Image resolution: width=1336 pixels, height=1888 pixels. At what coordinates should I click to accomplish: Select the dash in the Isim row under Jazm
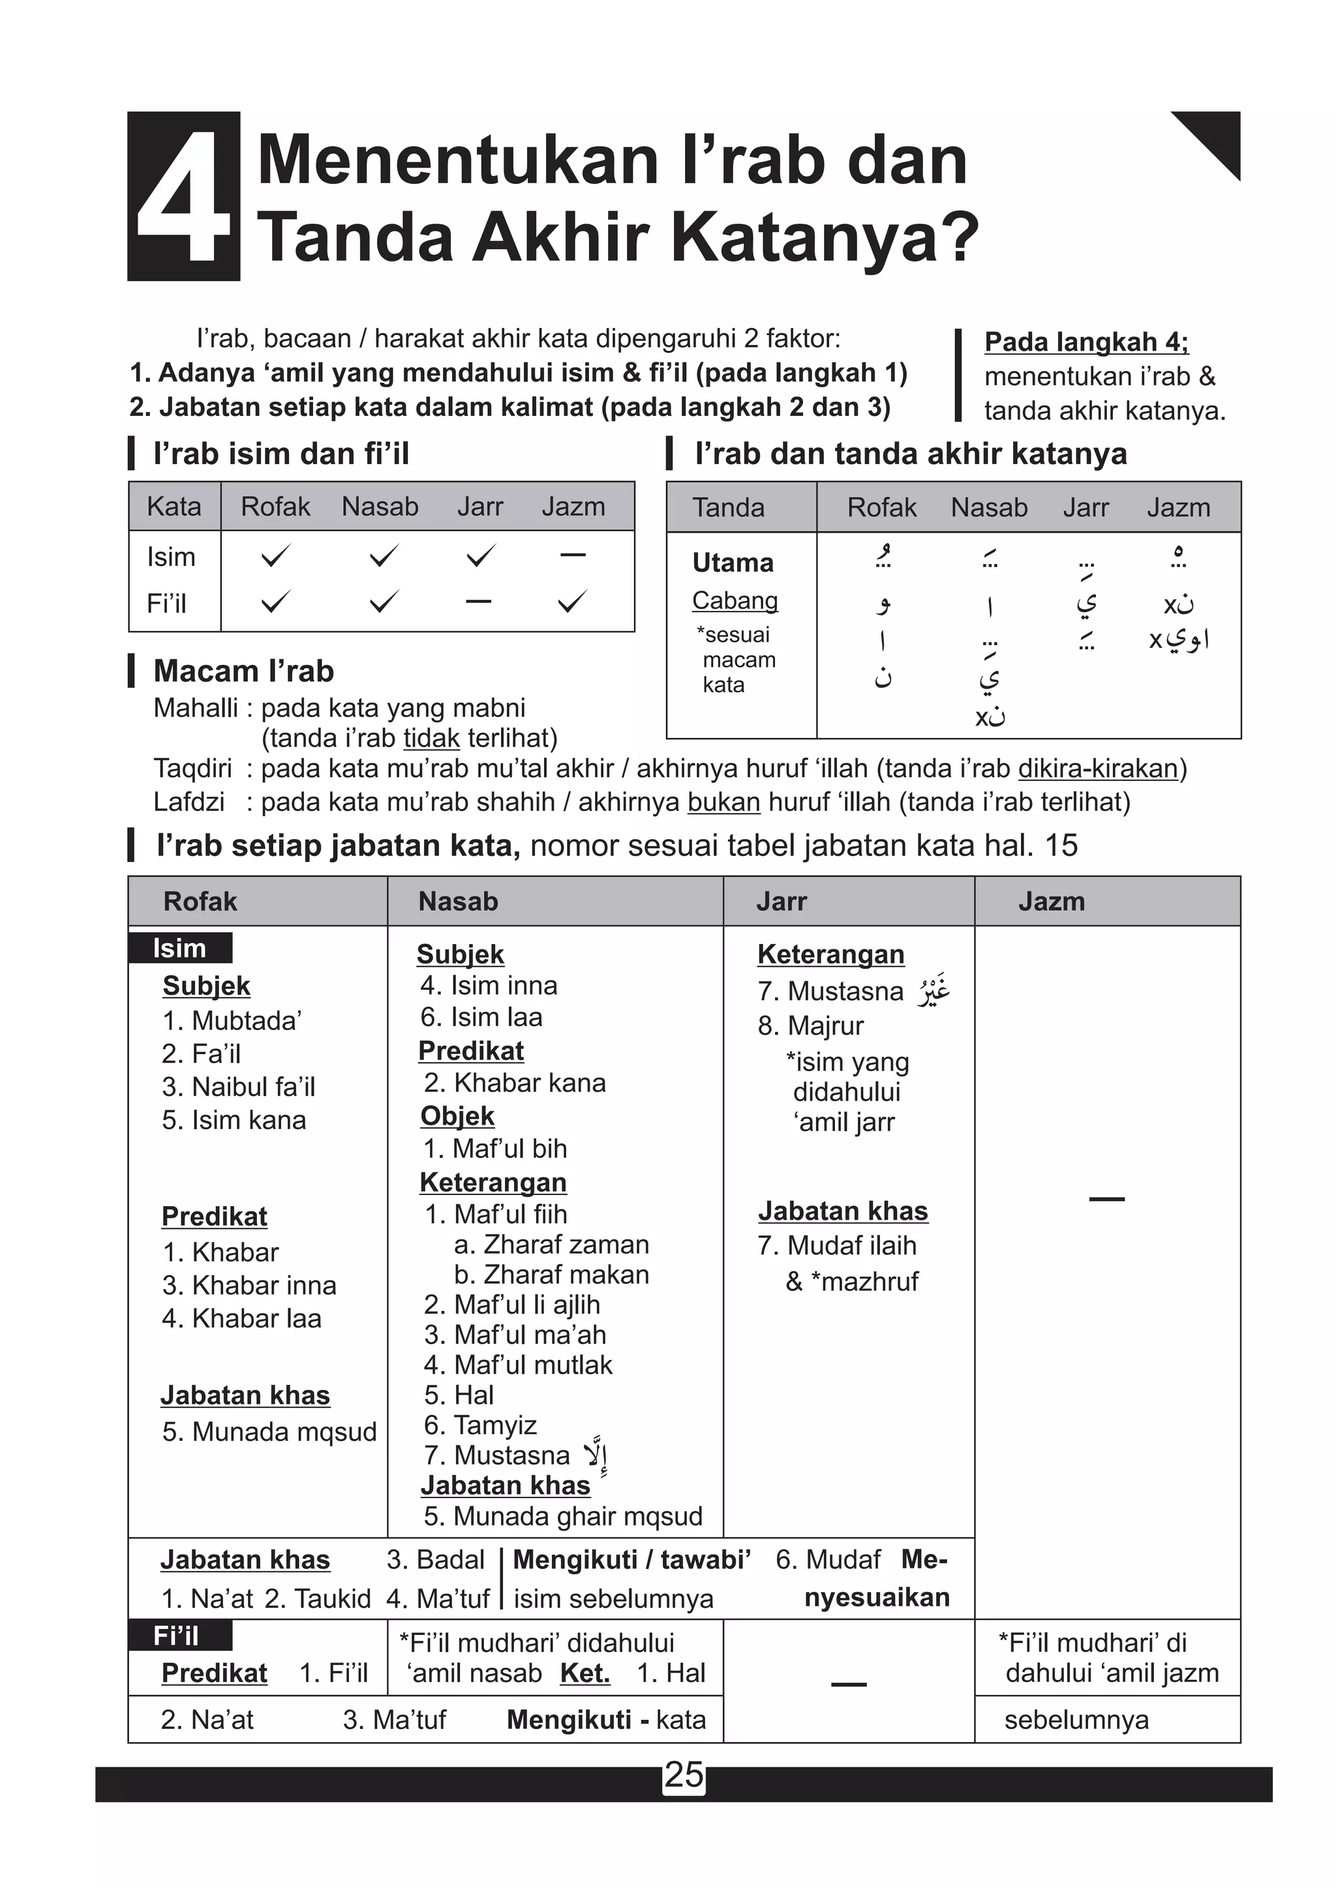tap(573, 555)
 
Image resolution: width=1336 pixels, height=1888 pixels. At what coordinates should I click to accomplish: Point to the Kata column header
tap(174, 507)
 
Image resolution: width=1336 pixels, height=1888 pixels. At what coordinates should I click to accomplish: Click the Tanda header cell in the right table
tap(728, 507)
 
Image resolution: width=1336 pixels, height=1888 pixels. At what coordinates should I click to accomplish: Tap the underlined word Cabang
tap(735, 600)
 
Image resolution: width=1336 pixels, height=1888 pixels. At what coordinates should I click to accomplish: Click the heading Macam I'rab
tap(243, 671)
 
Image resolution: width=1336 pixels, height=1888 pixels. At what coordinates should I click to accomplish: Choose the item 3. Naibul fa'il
tap(239, 1086)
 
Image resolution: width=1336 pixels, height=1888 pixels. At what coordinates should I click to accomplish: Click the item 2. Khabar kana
tap(515, 1082)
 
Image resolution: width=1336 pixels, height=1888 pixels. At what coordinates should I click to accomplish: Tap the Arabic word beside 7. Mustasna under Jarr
tap(934, 989)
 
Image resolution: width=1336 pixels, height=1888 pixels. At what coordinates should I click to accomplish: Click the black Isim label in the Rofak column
tap(180, 948)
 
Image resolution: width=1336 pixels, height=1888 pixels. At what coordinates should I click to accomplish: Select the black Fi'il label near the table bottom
tap(177, 1636)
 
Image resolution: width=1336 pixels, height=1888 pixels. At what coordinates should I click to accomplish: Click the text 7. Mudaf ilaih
tap(837, 1245)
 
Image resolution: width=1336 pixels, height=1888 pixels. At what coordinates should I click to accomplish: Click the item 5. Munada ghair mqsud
tap(563, 1516)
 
